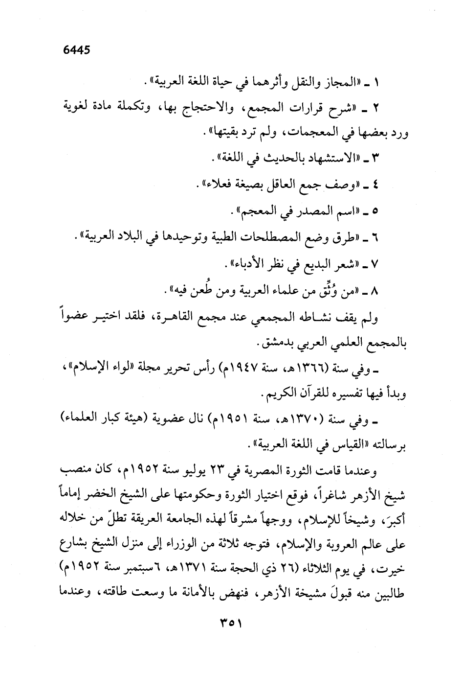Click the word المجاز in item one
click(342, 80)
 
